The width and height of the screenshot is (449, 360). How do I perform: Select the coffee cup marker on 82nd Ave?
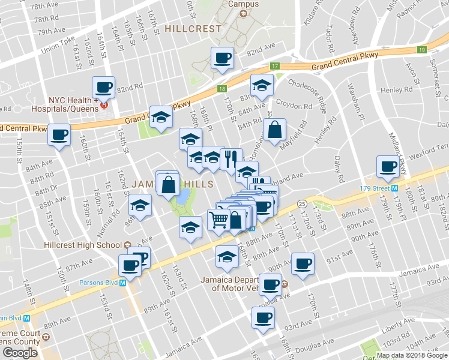223,59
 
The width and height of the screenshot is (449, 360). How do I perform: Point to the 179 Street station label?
373,187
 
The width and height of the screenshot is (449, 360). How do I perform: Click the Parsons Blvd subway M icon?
122,283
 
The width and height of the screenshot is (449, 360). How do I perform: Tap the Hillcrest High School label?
83,245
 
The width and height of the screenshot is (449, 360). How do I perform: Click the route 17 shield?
275,66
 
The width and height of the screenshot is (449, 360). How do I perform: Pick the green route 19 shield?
422,50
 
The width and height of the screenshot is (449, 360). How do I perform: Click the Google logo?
20,352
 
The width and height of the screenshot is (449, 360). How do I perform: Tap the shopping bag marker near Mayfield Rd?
274,129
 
